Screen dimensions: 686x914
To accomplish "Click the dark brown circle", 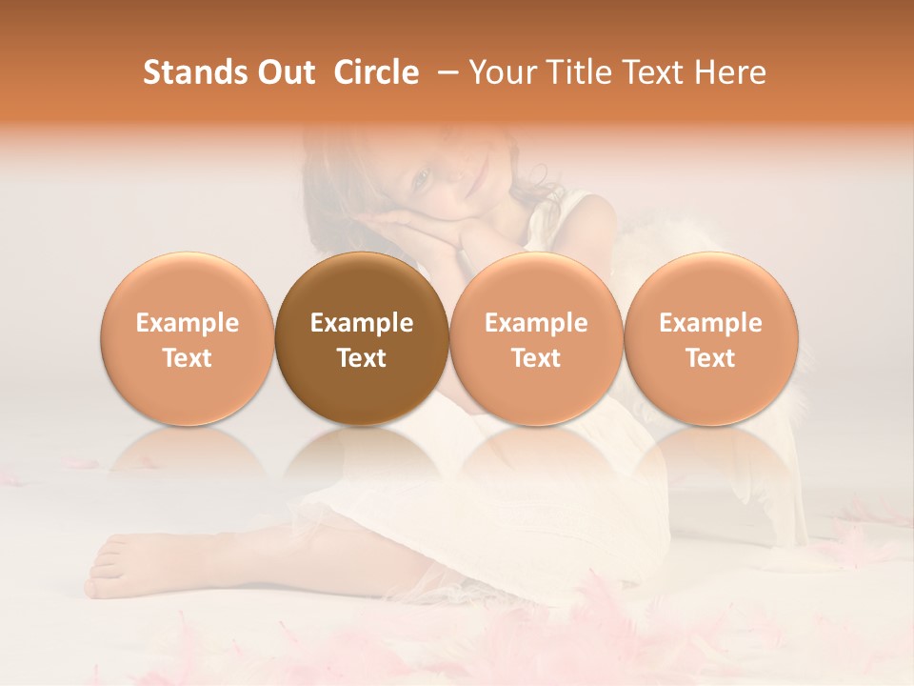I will [x=362, y=339].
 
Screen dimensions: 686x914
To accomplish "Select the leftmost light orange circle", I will [x=188, y=339].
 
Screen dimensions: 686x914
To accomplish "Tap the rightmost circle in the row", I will [x=710, y=339].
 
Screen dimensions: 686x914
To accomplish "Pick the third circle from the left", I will [x=536, y=339].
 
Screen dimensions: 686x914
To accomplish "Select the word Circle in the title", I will [x=376, y=73].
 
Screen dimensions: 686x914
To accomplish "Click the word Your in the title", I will [x=504, y=73].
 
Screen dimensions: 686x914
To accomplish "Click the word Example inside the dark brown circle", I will [x=362, y=323].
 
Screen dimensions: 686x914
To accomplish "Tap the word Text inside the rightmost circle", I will [x=710, y=358].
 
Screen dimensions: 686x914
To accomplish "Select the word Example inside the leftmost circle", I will [x=188, y=323].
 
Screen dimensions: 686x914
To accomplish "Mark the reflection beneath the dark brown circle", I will [x=362, y=457].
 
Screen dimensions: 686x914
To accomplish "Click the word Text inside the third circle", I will [x=536, y=358].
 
